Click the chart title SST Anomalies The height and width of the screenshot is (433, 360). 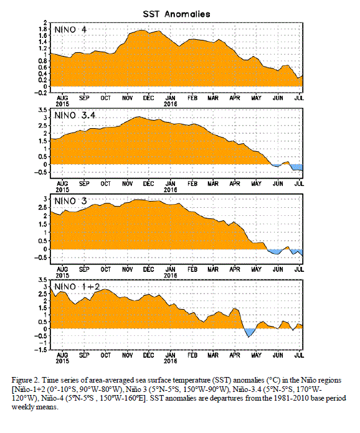(x=176, y=14)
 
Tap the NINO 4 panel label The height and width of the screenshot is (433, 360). (x=70, y=29)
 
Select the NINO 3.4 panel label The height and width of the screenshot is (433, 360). (x=75, y=115)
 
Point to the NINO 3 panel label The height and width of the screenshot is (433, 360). (x=70, y=201)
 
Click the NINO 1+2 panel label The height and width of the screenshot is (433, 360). (x=77, y=287)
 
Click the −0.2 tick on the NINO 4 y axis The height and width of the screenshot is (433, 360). (x=40, y=93)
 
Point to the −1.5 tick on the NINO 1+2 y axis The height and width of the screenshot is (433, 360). (x=40, y=350)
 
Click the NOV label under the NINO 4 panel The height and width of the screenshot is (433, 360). (x=127, y=98)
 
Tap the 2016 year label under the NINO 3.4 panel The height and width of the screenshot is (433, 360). (x=170, y=190)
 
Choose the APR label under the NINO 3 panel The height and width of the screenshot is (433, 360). (x=235, y=269)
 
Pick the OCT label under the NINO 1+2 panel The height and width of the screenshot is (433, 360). (x=106, y=355)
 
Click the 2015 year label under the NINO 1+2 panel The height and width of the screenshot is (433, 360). (x=62, y=361)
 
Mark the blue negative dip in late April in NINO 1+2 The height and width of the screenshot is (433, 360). (x=249, y=332)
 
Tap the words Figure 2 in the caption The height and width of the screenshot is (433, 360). (x=24, y=380)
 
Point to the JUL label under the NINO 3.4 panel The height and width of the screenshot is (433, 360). (x=300, y=184)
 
